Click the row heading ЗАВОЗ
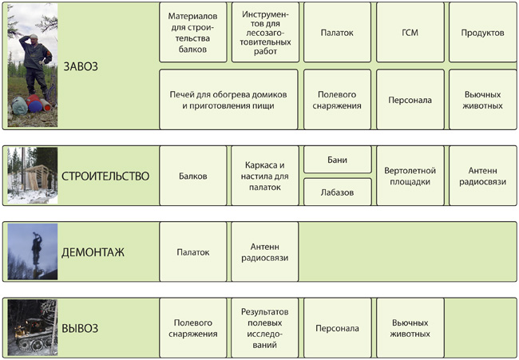click(81, 66)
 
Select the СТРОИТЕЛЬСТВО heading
click(105, 176)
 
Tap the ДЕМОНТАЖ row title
click(93, 252)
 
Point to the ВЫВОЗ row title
click(80, 328)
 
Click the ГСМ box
click(410, 33)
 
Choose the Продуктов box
click(482, 33)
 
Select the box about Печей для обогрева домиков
click(228, 100)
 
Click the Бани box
click(337, 160)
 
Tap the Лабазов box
click(337, 192)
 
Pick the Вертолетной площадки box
click(410, 176)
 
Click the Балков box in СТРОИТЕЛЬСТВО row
click(193, 176)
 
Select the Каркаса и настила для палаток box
click(265, 176)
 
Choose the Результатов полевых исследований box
click(265, 327)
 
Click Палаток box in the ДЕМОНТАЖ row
click(193, 251)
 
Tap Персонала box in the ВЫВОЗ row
click(337, 327)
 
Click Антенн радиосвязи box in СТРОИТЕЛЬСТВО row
click(482, 176)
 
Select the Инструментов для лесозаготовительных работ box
click(265, 33)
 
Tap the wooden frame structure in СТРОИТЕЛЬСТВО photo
click(36, 178)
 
